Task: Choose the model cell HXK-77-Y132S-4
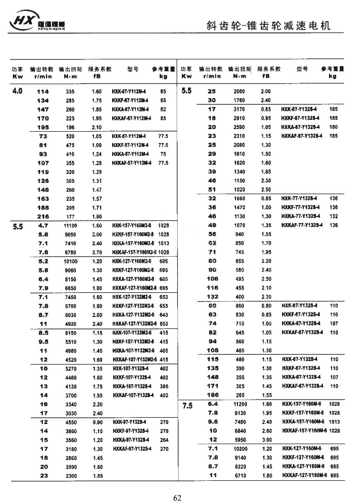pyautogui.click(x=299, y=198)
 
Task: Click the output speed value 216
pyautogui.click(x=43, y=216)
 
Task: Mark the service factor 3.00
pyautogui.click(x=266, y=440)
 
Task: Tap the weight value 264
pyautogui.click(x=164, y=440)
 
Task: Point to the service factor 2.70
pyautogui.click(x=97, y=252)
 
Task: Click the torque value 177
pyautogui.click(x=70, y=216)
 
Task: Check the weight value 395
pyautogui.click(x=164, y=386)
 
